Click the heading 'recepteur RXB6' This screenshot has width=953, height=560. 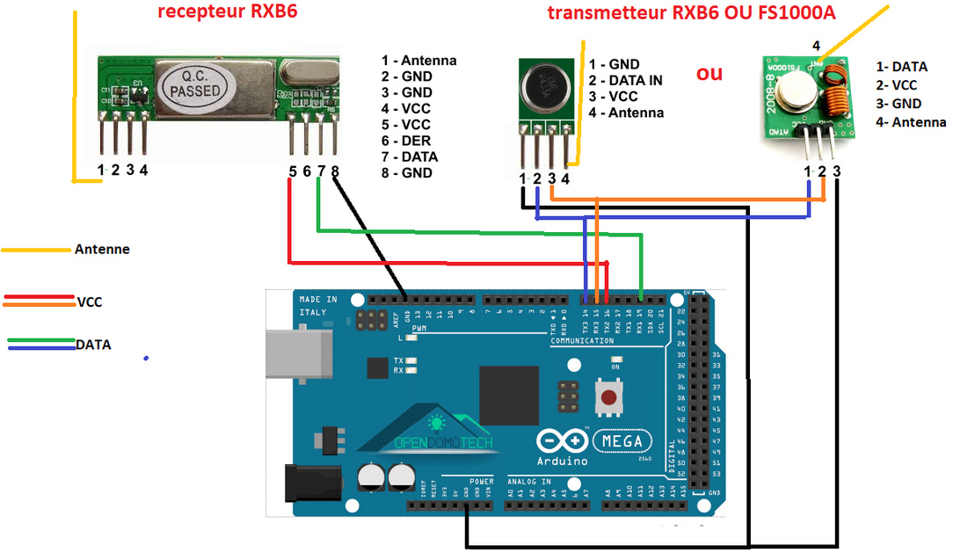pyautogui.click(x=222, y=12)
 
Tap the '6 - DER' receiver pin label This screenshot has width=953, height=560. pyautogui.click(x=404, y=141)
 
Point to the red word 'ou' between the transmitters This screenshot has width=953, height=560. pyautogui.click(x=709, y=72)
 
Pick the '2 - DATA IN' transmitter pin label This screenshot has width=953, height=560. pyautogui.click(x=625, y=80)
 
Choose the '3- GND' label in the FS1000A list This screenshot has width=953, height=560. pyautogui.click(x=898, y=104)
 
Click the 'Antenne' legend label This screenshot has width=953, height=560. pyautogui.click(x=102, y=250)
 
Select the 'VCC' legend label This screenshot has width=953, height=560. pyautogui.click(x=90, y=302)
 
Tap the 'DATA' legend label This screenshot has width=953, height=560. pyautogui.click(x=93, y=345)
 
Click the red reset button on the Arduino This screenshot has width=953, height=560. pyautogui.click(x=607, y=396)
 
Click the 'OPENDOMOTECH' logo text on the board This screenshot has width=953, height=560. pyautogui.click(x=443, y=443)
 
